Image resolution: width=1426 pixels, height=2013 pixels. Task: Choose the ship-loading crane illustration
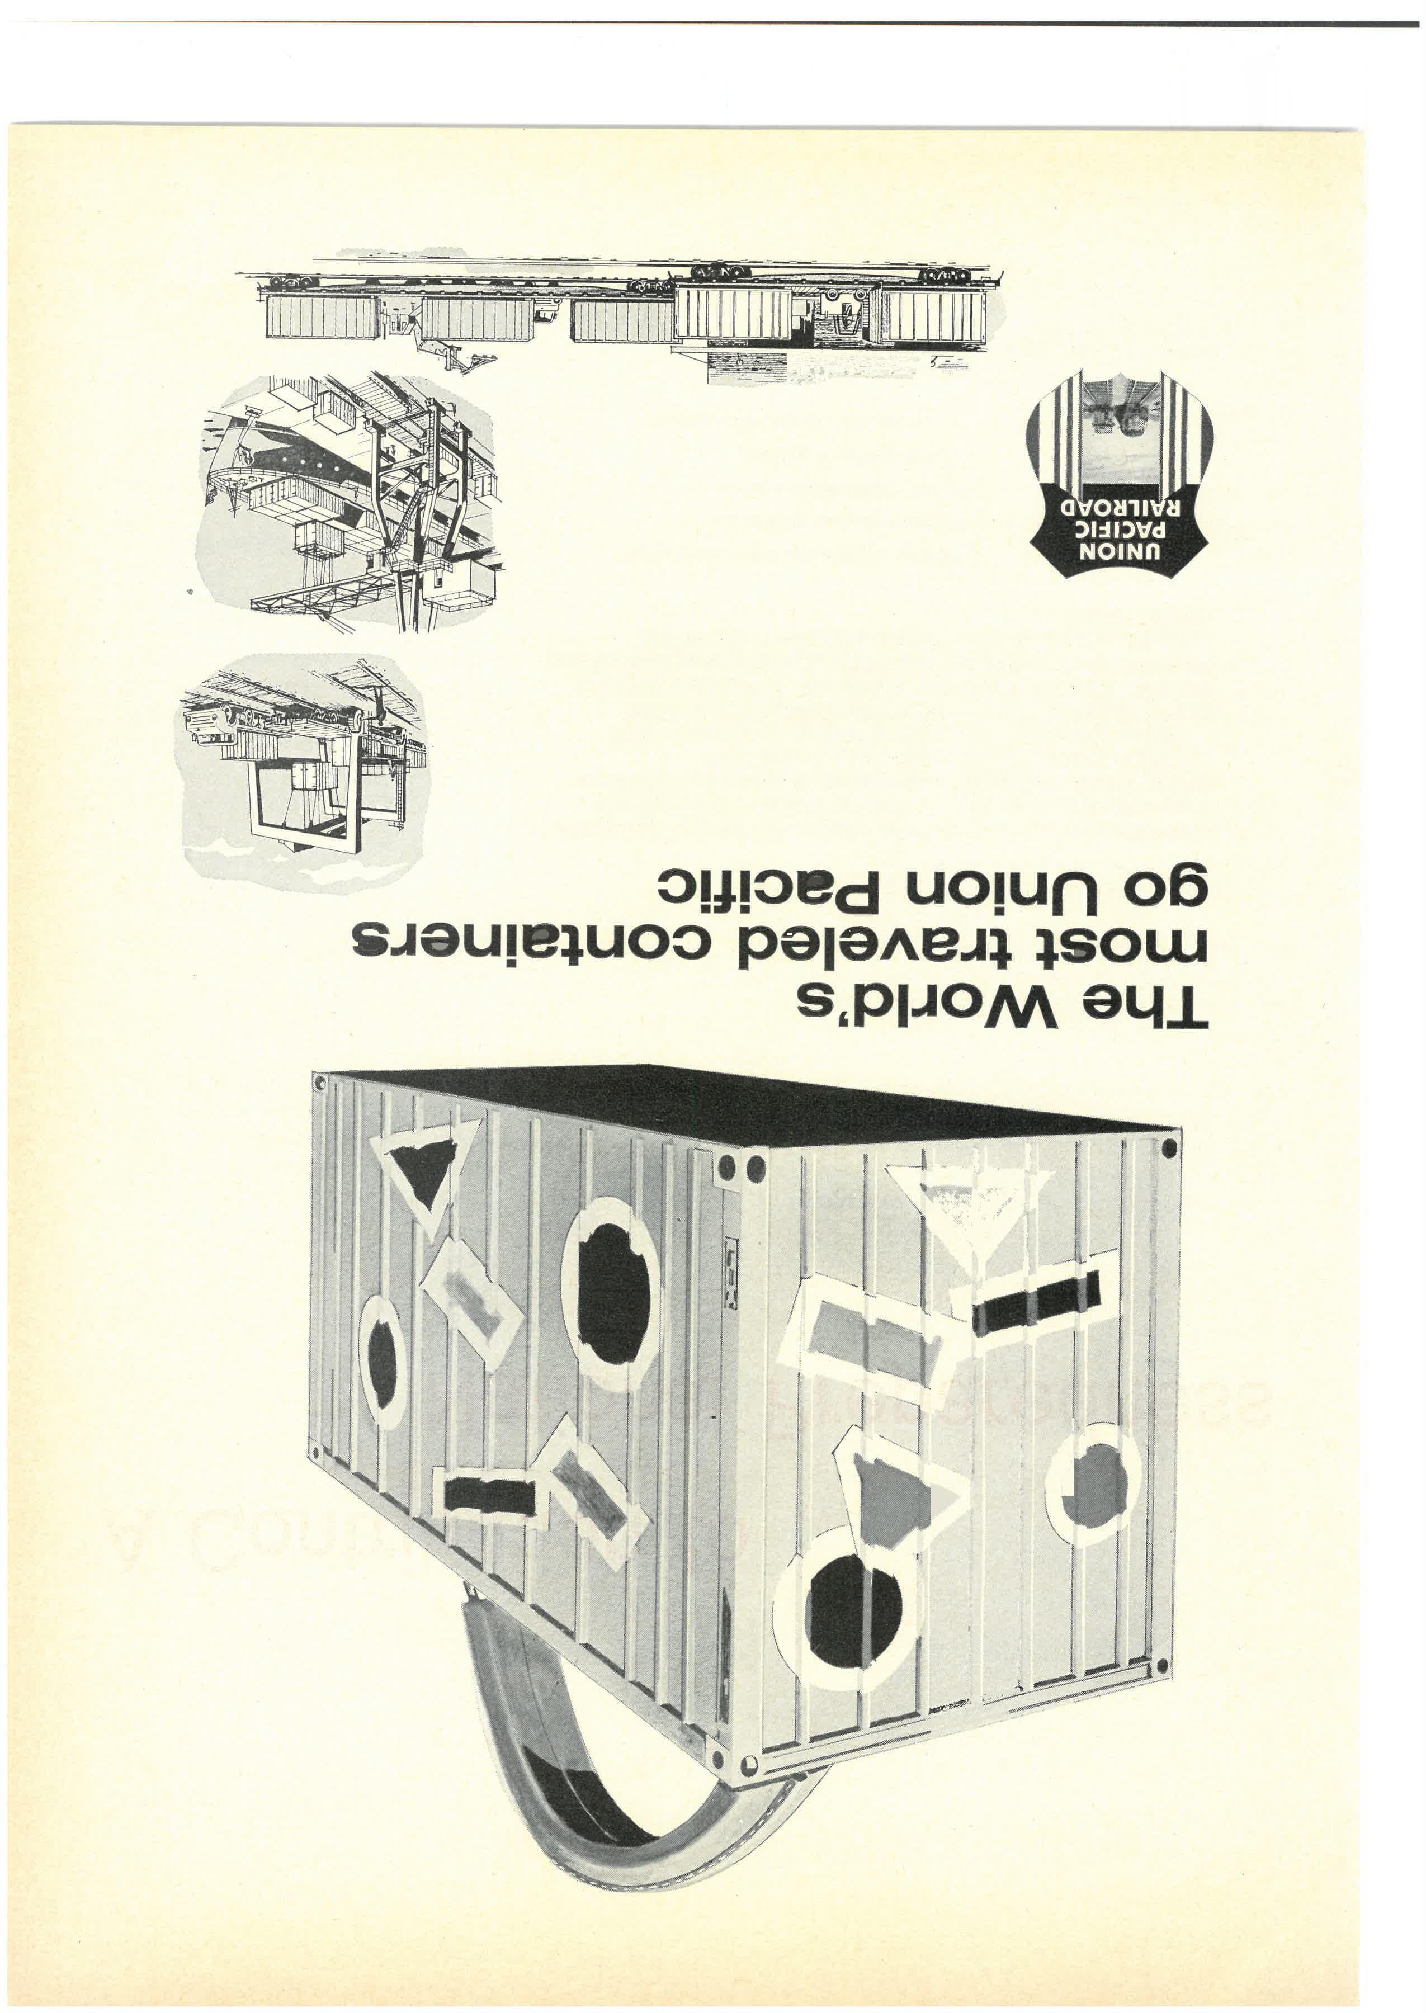(x=351, y=500)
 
